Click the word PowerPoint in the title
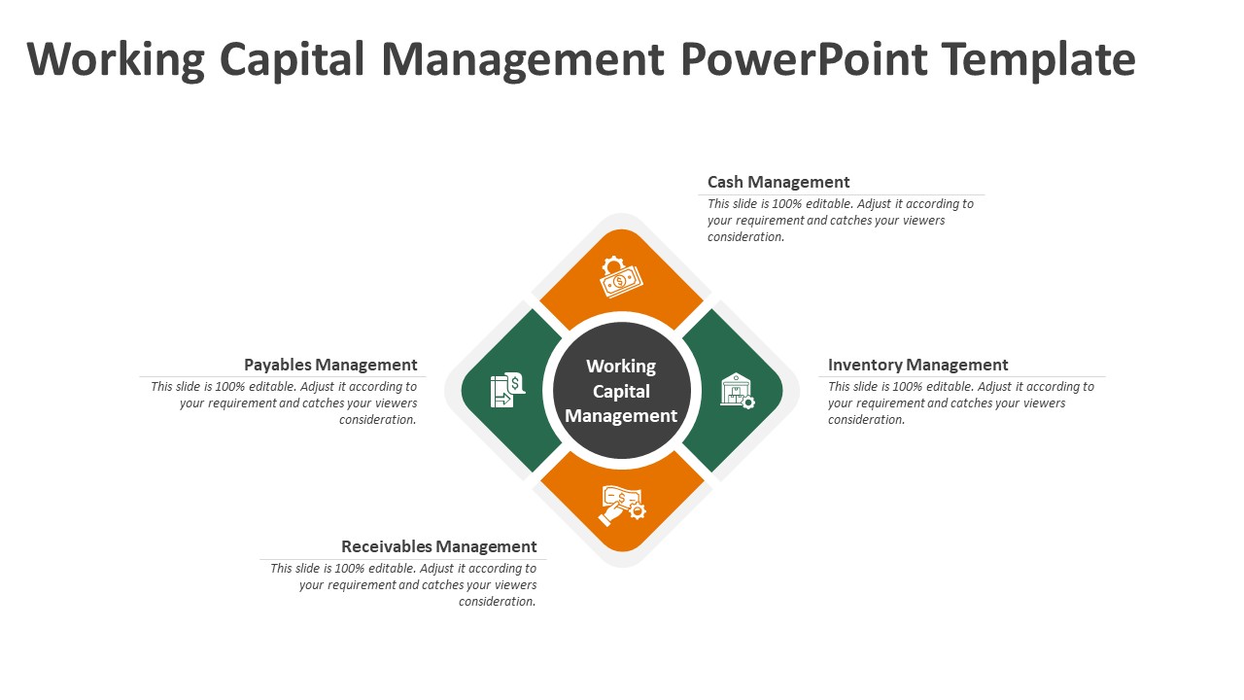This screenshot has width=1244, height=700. click(x=804, y=59)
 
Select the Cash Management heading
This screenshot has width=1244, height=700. click(x=778, y=182)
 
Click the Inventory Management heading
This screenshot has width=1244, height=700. click(x=917, y=365)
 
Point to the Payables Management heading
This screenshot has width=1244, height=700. click(x=330, y=365)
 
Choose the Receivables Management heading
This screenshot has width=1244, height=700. click(x=438, y=546)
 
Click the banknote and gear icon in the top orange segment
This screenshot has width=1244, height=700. click(x=620, y=277)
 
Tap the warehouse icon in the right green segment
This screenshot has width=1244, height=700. click(x=738, y=391)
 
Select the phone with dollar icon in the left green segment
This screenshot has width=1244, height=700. click(x=507, y=390)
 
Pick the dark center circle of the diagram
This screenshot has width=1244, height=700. click(x=622, y=391)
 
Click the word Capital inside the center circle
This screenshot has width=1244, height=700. click(x=621, y=391)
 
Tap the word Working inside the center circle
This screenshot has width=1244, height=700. click(x=621, y=367)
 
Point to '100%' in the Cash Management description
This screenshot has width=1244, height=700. click(x=787, y=204)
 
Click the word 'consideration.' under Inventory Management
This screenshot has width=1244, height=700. click(x=866, y=420)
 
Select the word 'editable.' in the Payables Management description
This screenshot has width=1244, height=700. click(x=273, y=387)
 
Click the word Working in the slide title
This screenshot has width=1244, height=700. click(x=116, y=60)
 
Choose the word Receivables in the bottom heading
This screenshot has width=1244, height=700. click(x=387, y=546)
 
